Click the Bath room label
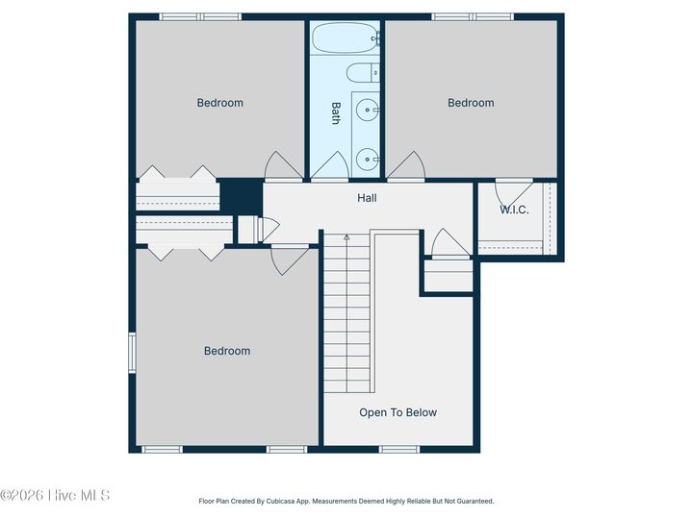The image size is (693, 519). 336,113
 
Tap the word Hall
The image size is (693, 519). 367,198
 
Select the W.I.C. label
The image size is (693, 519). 514,210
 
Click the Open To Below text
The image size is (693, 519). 398,412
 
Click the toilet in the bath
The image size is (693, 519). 362,73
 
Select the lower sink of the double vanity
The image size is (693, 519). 367,159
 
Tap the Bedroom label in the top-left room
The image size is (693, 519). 220,103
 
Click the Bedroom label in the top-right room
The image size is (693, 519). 471,103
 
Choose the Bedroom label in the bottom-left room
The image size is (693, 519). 227,351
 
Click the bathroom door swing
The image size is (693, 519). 328,166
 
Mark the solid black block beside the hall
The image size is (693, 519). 242,196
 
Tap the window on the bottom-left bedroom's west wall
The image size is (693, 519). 132,350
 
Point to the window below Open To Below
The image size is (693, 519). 398,449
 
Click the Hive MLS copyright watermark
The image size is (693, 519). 56,495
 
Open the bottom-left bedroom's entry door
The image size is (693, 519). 289,260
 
